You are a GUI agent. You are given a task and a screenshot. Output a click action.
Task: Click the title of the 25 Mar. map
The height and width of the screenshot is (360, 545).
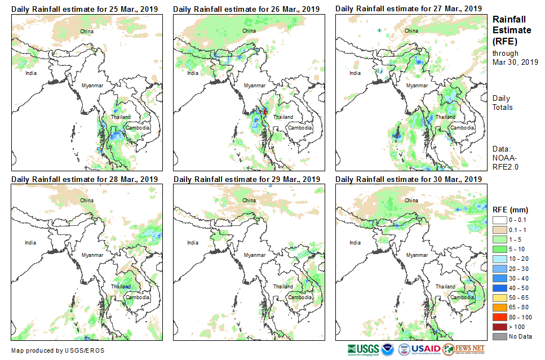[84, 9]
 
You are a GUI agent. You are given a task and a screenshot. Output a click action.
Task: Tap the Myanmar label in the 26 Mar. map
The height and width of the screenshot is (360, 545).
[254, 85]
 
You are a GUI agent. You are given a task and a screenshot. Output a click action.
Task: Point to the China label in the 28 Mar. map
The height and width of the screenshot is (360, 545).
[87, 200]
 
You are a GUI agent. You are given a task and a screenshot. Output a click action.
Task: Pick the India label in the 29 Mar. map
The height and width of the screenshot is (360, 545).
[193, 243]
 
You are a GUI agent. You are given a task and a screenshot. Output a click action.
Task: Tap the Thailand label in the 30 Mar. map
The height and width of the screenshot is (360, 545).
[445, 287]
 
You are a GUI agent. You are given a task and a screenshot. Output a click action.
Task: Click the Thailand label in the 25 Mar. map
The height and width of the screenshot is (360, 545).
[121, 117]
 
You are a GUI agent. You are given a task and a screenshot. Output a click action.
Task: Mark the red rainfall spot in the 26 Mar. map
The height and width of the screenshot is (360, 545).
[265, 112]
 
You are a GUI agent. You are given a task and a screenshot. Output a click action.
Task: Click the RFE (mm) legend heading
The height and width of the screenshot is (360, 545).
[511, 210]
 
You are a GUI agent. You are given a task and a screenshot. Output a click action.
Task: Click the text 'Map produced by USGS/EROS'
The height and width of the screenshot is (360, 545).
[57, 350]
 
